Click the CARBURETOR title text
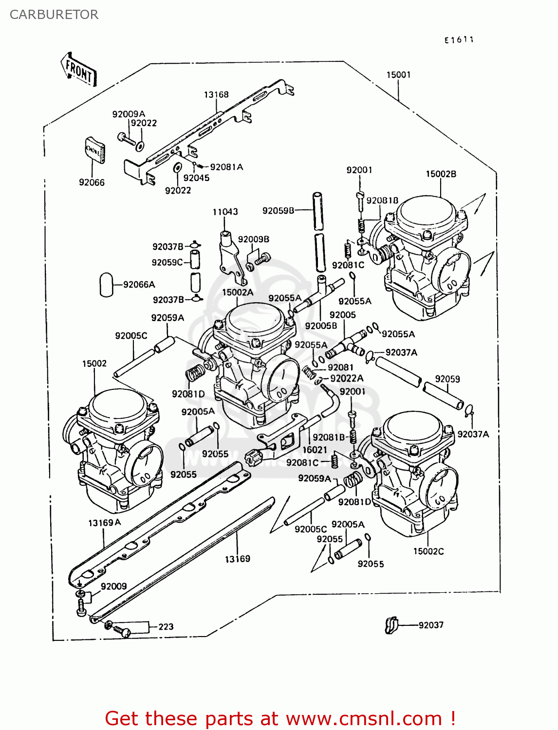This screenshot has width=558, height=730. (54, 15)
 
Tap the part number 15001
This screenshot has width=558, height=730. (398, 74)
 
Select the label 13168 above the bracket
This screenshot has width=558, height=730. (216, 94)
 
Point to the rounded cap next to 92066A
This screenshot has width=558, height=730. (106, 284)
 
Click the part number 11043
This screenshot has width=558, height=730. (225, 212)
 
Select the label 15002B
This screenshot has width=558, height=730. (441, 174)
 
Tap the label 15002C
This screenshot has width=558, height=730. (428, 551)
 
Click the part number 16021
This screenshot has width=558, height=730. (315, 450)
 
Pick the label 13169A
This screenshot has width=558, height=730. (104, 523)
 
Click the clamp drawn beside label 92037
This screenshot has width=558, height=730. (391, 625)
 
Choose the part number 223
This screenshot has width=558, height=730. (166, 626)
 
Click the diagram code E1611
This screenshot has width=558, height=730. (459, 40)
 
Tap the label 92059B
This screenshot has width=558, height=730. (278, 210)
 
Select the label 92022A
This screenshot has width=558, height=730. (347, 378)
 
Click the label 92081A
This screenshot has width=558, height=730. (226, 167)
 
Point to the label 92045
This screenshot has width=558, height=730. (196, 178)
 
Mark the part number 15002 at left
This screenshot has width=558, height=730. (94, 364)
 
